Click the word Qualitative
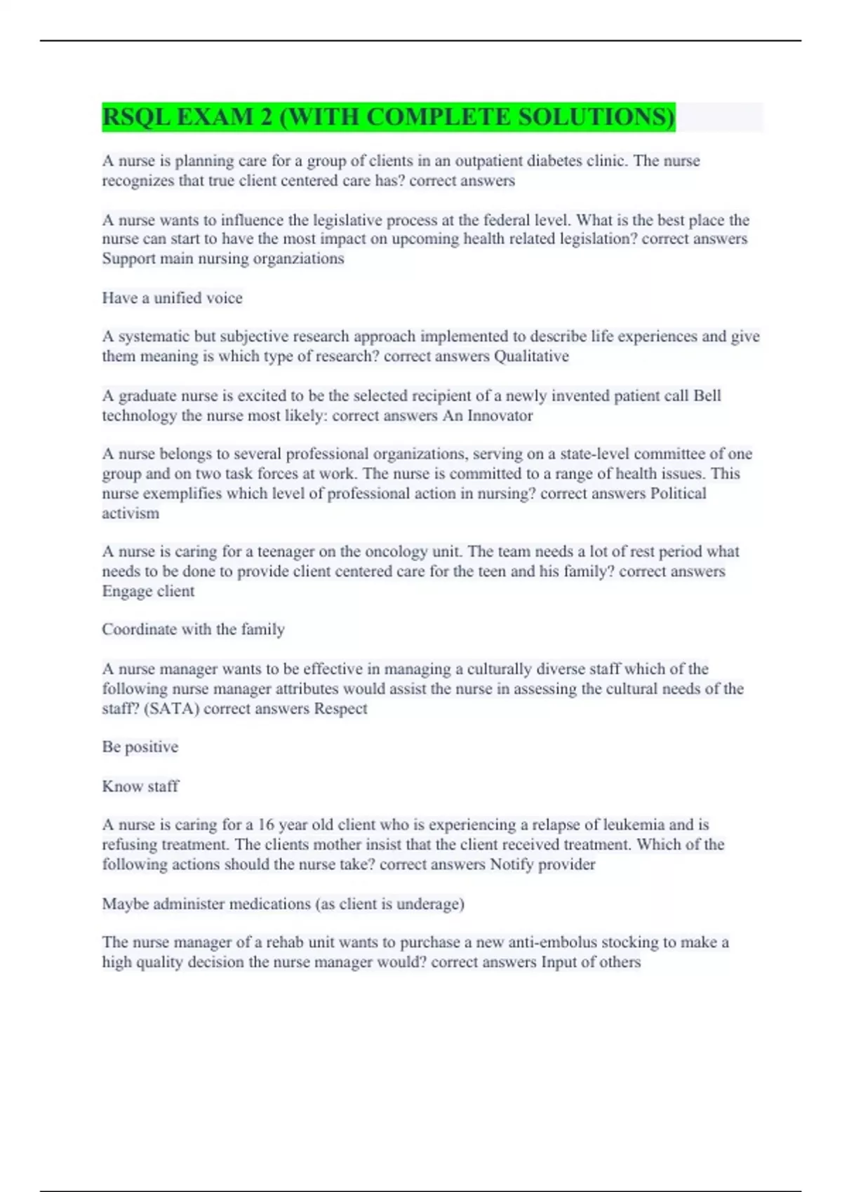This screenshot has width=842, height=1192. pos(531,356)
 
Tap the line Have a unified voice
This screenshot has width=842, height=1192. pos(172,298)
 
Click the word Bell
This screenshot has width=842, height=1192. pos(707,396)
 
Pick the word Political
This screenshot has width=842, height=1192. pos(678,494)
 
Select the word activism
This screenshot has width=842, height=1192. pos(131,513)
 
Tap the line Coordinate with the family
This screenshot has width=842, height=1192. pos(193,630)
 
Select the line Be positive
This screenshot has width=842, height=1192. pos(140,747)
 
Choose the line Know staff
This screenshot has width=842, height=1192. pos(140,787)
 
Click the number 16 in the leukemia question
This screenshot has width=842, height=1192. pos(266,825)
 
